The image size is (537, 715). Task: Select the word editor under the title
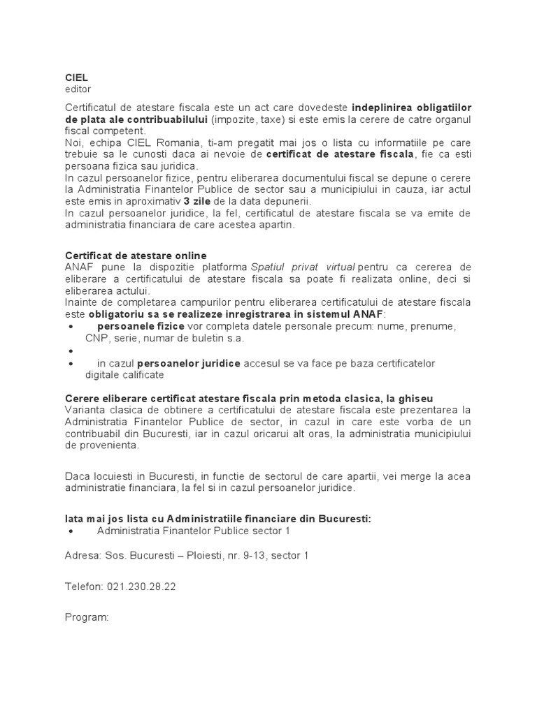point(78,89)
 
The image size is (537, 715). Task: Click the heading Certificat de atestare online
point(136,256)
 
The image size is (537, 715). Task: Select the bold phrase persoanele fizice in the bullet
point(141,326)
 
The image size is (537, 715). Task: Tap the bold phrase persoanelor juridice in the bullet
point(189,364)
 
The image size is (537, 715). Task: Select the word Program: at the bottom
point(87,618)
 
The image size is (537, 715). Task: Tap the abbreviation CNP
point(96,338)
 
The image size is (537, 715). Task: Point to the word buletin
point(205,338)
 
